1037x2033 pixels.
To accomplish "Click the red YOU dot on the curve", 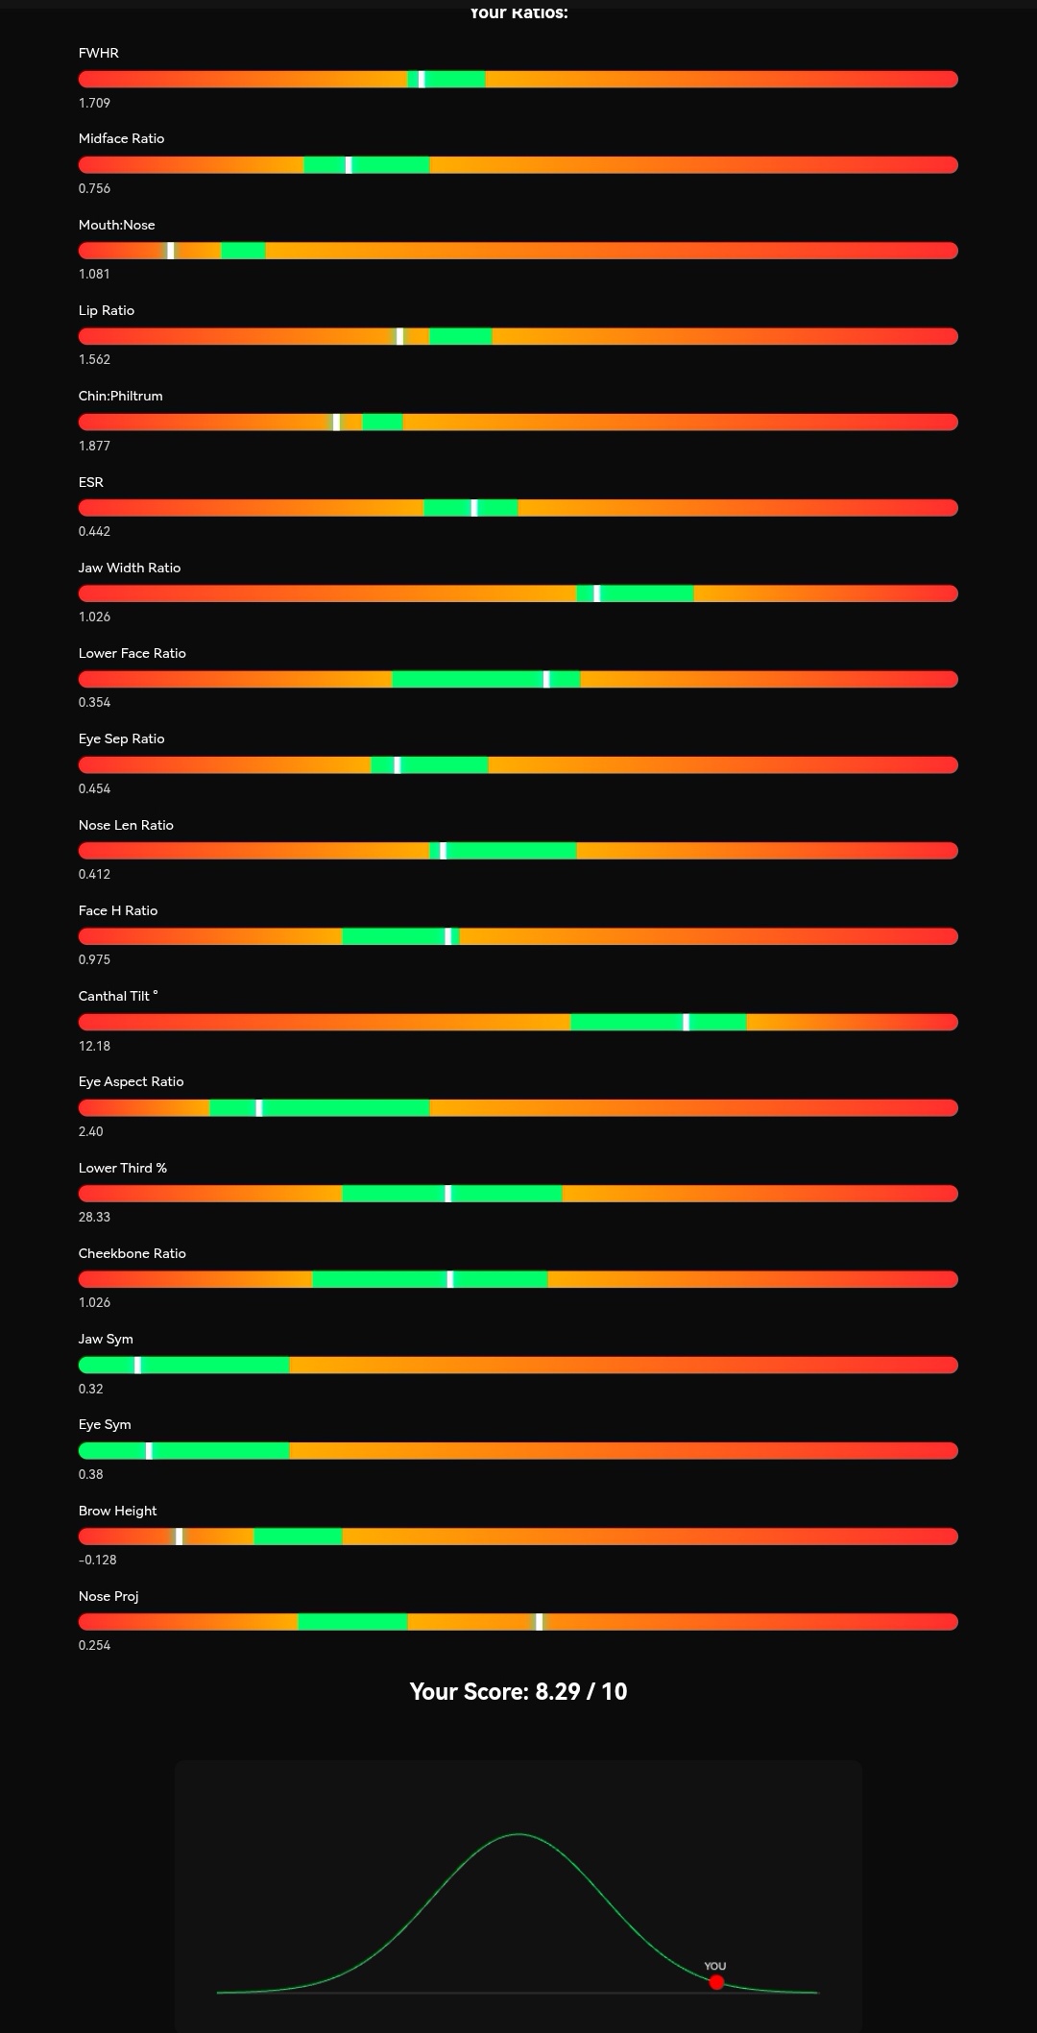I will pyautogui.click(x=716, y=1982).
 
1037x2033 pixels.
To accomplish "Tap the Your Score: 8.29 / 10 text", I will pyautogui.click(x=518, y=1691).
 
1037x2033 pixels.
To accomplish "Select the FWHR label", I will pyautogui.click(x=99, y=53).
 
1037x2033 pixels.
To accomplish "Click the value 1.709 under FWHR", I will pyautogui.click(x=94, y=103).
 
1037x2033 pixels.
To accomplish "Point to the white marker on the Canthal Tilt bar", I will pyautogui.click(x=686, y=1022).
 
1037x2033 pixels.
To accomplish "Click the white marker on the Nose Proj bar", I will pyautogui.click(x=539, y=1622).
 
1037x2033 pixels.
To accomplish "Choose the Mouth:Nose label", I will pyautogui.click(x=116, y=225).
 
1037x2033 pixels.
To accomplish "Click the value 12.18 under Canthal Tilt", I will pyautogui.click(x=94, y=1046).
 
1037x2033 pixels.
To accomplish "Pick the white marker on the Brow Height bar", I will pyautogui.click(x=179, y=1537).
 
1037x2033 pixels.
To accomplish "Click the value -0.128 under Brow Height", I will pyautogui.click(x=97, y=1560).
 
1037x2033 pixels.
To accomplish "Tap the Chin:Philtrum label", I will pyautogui.click(x=120, y=396).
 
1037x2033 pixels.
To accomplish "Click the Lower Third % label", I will pyautogui.click(x=122, y=1168).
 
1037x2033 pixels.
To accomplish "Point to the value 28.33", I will pyautogui.click(x=94, y=1217).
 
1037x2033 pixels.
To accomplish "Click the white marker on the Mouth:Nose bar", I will pyautogui.click(x=171, y=251).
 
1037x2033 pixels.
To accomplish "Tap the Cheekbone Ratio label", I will pyautogui.click(x=132, y=1253).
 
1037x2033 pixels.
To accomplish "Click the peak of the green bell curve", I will pyautogui.click(x=518, y=1834).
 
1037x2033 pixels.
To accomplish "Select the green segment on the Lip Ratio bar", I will pyautogui.click(x=461, y=336).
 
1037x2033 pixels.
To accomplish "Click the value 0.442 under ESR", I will pyautogui.click(x=94, y=531).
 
